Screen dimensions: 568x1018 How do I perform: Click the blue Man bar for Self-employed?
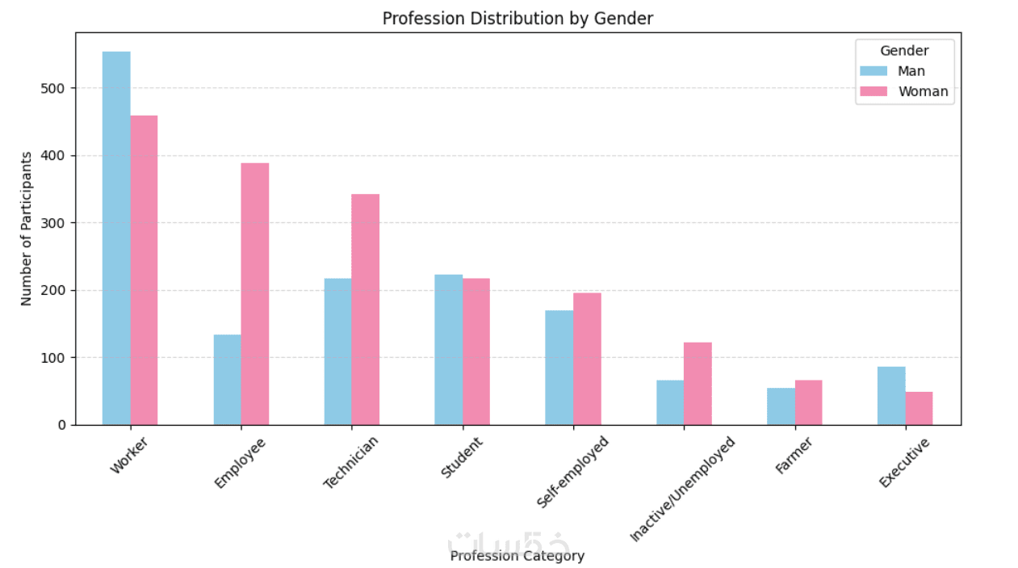[x=559, y=368]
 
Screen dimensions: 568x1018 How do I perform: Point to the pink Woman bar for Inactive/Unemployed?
[x=698, y=384]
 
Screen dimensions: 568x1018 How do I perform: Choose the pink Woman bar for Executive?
[x=919, y=408]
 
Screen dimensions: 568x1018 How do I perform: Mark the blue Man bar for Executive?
[x=891, y=396]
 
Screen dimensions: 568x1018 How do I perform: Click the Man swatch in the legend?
[x=873, y=71]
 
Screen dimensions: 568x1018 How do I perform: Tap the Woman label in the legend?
[x=923, y=92]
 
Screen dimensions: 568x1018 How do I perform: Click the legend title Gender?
[x=904, y=51]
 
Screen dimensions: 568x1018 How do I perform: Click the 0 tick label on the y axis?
[x=61, y=425]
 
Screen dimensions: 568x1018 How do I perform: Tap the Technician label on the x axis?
[x=351, y=462]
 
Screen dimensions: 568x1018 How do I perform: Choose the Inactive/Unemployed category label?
[x=683, y=490]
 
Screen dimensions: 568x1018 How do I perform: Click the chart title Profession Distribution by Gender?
[x=517, y=18]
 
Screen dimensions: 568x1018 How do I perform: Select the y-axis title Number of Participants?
[x=27, y=229]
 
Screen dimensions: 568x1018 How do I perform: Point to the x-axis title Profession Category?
[x=517, y=556]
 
